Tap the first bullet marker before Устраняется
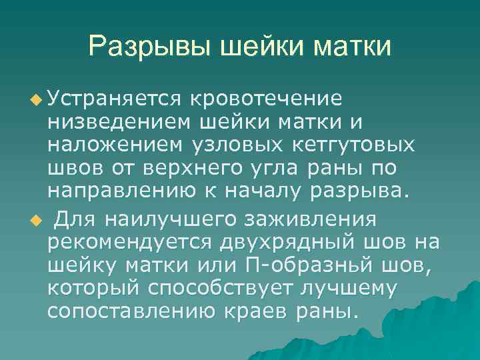click(x=35, y=100)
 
